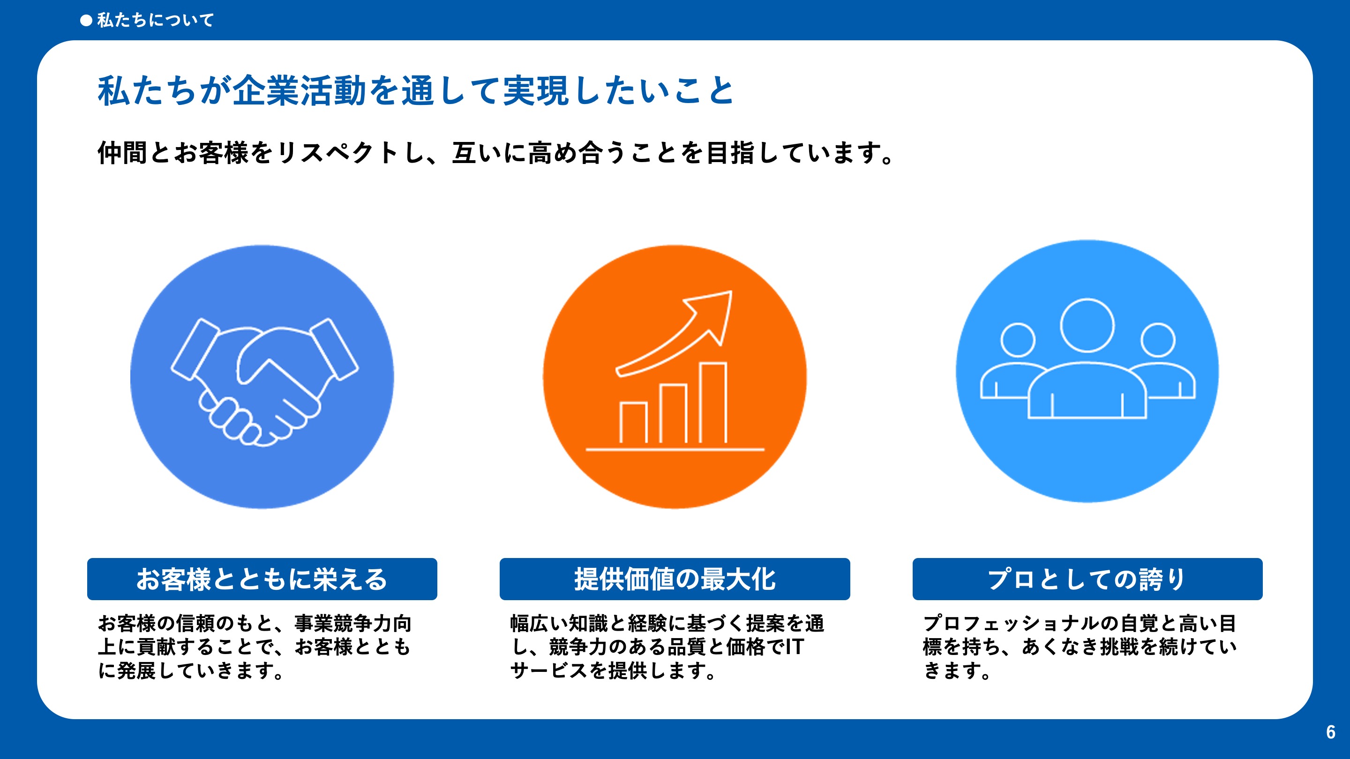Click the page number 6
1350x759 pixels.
(x=1330, y=732)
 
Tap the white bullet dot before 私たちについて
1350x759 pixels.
(x=86, y=21)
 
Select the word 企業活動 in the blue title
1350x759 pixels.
(x=299, y=90)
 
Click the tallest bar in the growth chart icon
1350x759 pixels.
(x=712, y=402)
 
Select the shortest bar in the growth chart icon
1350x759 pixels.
(x=633, y=422)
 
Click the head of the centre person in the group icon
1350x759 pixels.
(x=1087, y=325)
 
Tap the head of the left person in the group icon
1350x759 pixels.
(x=1018, y=340)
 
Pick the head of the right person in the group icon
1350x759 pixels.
(x=1158, y=340)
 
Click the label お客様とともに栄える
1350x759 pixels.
(x=262, y=580)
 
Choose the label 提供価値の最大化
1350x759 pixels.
(x=675, y=580)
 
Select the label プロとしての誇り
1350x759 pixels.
(x=1087, y=580)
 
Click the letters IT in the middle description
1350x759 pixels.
(x=795, y=647)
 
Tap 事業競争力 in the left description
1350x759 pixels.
(x=343, y=623)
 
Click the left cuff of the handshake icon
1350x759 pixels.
(x=195, y=349)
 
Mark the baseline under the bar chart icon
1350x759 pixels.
(x=675, y=449)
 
